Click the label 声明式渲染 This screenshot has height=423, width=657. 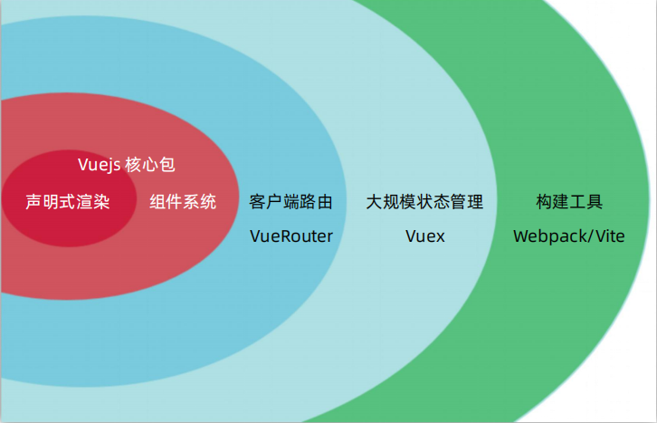coord(68,202)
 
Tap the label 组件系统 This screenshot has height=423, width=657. coord(183,202)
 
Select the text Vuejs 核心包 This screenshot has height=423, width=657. coord(126,165)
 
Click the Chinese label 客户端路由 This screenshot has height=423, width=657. coord(290,202)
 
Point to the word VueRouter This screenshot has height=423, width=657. coord(290,236)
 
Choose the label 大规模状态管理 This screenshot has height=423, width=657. coord(424,202)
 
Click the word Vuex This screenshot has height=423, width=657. coord(424,236)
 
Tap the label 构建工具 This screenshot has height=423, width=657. coord(569,202)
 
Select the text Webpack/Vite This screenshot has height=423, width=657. coord(569,236)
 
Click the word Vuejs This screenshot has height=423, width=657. coord(99,165)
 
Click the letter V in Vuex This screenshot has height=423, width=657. coord(411,236)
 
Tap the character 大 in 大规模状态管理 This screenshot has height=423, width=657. coord(373,202)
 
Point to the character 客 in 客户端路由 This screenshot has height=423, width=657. coord(257,202)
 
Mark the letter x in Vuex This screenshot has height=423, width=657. coord(439,237)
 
